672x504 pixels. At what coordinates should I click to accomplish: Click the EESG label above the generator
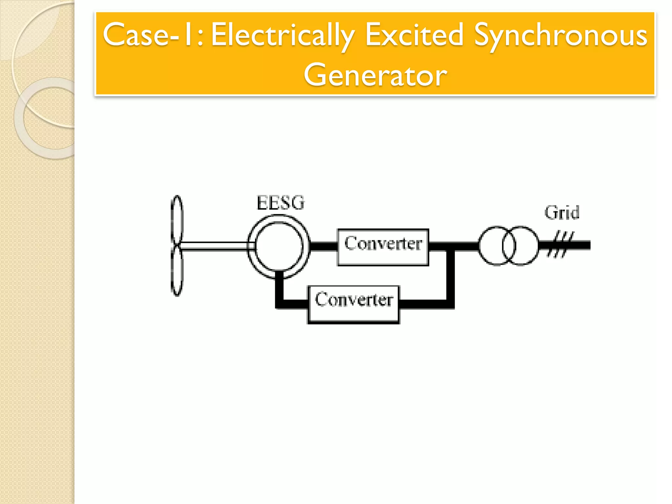pyautogui.click(x=280, y=203)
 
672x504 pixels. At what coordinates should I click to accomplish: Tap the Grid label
pyautogui.click(x=562, y=213)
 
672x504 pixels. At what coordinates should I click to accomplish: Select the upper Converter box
pyautogui.click(x=383, y=247)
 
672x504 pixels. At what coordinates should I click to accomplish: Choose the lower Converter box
pyautogui.click(x=353, y=304)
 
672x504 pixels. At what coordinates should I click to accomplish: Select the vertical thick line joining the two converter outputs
pyautogui.click(x=451, y=276)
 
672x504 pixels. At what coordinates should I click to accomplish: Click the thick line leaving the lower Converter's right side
pyautogui.click(x=423, y=304)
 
